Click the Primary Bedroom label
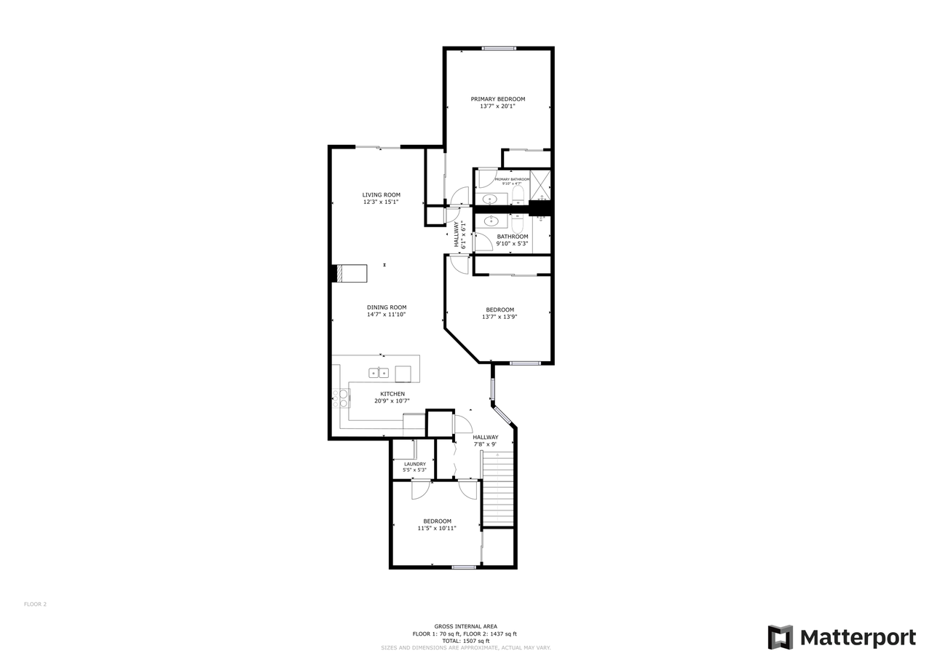(497, 103)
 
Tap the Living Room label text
(382, 198)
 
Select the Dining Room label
(386, 311)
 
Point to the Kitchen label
(392, 397)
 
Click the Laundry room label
(414, 467)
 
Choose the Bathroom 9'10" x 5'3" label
(513, 240)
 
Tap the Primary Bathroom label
(512, 181)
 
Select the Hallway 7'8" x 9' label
(485, 441)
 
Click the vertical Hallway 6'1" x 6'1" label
(460, 234)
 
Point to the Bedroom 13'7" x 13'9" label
(499, 313)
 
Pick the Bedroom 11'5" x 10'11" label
(437, 524)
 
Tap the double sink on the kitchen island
(379, 373)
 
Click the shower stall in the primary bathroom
(540, 184)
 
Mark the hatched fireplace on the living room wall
(339, 273)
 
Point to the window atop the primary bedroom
(499, 48)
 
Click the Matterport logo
(842, 638)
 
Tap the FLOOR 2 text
(35, 604)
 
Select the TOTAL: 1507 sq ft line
(466, 641)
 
